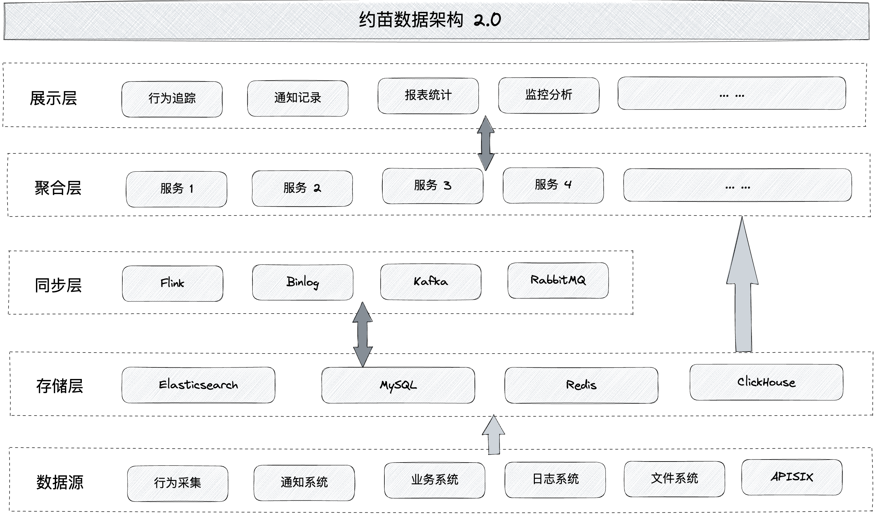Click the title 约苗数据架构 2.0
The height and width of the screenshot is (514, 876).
[x=430, y=19]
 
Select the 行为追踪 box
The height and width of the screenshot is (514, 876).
[x=172, y=99]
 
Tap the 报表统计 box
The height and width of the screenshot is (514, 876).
[x=428, y=96]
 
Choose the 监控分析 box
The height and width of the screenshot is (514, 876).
[x=549, y=95]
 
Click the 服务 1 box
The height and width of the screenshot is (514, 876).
[x=177, y=189]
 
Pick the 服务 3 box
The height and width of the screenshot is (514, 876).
[x=433, y=186]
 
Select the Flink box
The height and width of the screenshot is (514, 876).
[x=173, y=284]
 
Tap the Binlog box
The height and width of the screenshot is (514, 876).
[x=303, y=282]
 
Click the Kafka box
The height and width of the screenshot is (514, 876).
[x=431, y=282]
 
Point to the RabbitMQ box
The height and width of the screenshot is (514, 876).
[x=558, y=280]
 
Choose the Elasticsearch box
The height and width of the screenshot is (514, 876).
[x=198, y=385]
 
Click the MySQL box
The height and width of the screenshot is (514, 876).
[x=398, y=385]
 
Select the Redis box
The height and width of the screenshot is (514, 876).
[x=581, y=385]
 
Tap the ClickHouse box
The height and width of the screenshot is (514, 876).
[x=766, y=382]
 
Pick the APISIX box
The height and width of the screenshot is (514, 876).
[x=792, y=477]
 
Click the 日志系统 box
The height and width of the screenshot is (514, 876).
[x=555, y=480]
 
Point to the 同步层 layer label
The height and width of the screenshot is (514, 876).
[x=58, y=285]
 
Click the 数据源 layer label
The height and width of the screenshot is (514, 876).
[x=60, y=482]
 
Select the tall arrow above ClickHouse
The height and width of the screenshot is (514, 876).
[x=742, y=285]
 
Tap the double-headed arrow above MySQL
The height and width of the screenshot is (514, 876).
[x=363, y=334]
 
